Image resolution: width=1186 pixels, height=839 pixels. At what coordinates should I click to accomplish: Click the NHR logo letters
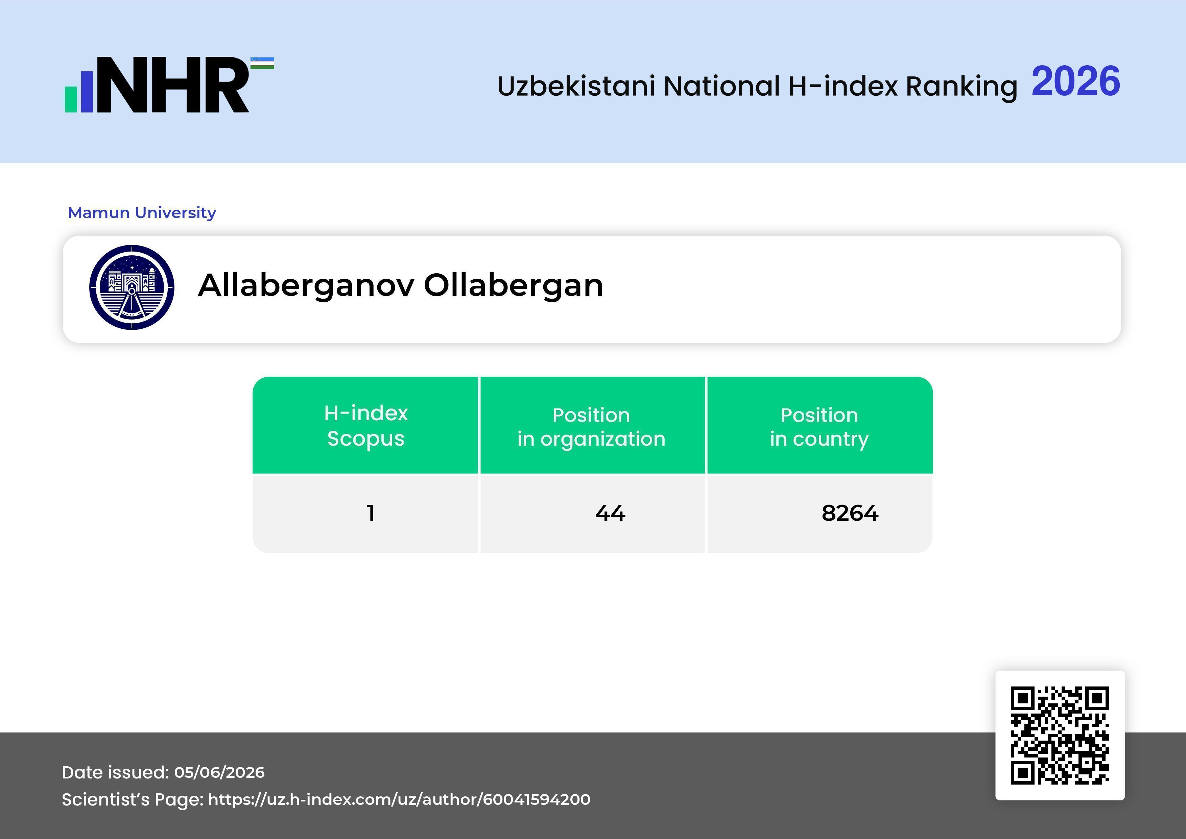pos(172,85)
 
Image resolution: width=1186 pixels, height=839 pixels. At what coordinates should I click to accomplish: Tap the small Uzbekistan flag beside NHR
pos(262,63)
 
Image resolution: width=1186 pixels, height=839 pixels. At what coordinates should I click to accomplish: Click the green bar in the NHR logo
pos(71,99)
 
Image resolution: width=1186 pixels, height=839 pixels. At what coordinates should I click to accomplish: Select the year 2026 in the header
pos(1075,81)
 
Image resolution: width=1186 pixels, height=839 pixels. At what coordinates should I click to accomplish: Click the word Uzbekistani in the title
pos(576,86)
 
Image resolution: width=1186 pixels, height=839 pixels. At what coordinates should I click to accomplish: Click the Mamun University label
pos(142,212)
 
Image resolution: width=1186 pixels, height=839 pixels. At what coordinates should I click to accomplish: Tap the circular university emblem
pos(132,287)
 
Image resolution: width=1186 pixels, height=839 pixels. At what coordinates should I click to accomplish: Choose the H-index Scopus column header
pos(366,426)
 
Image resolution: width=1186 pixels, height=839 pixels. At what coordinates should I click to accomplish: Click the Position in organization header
pos(591,427)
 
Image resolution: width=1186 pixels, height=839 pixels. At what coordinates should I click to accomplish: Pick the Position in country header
pos(819,427)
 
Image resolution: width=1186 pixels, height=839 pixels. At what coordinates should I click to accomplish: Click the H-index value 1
pos(370,513)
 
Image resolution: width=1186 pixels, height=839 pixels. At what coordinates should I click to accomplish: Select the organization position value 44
pos(610,513)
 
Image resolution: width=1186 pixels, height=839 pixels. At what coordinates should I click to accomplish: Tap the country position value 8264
pos(850,513)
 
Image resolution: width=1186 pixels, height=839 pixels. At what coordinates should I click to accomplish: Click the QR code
pos(1060,735)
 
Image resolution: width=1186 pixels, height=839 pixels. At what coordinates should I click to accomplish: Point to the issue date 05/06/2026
pos(219,772)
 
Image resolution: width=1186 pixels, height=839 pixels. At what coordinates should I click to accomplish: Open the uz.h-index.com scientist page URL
pos(399,799)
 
